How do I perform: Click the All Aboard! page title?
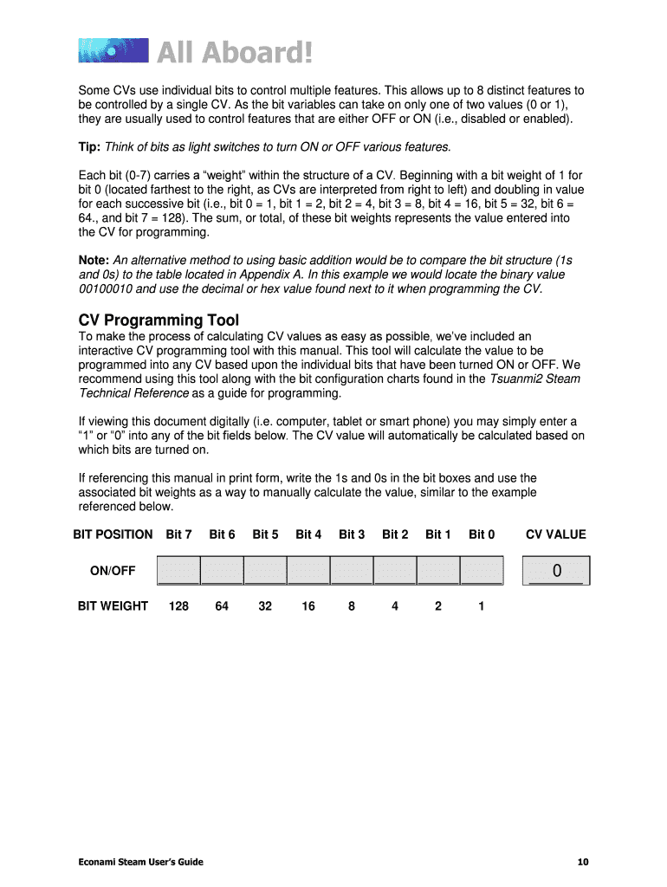(234, 53)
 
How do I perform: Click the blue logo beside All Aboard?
(113, 50)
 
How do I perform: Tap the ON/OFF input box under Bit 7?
(178, 571)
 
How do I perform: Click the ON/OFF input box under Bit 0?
(482, 571)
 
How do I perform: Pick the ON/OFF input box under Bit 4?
(308, 571)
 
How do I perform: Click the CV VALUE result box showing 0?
(556, 571)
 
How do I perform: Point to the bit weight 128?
(178, 606)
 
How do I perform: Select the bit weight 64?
(222, 606)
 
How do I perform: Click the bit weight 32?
(265, 606)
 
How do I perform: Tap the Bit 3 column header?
(352, 534)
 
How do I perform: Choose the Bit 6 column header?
(222, 534)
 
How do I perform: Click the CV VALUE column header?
(556, 534)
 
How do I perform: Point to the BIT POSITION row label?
(113, 534)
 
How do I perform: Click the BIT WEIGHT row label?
(113, 606)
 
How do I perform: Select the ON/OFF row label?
(113, 571)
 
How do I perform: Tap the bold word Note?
(94, 260)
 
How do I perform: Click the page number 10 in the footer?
(583, 861)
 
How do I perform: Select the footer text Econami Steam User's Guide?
(141, 861)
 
